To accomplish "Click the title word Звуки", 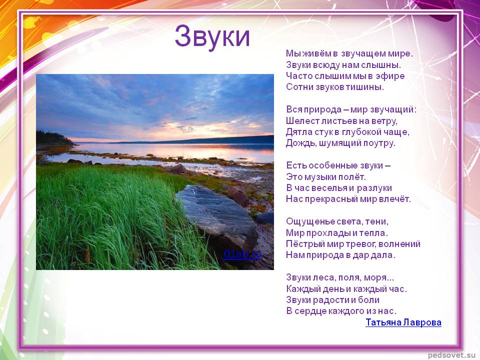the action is [212, 36].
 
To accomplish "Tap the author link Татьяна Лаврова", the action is [403, 322].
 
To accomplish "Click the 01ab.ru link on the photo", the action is [242, 254].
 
